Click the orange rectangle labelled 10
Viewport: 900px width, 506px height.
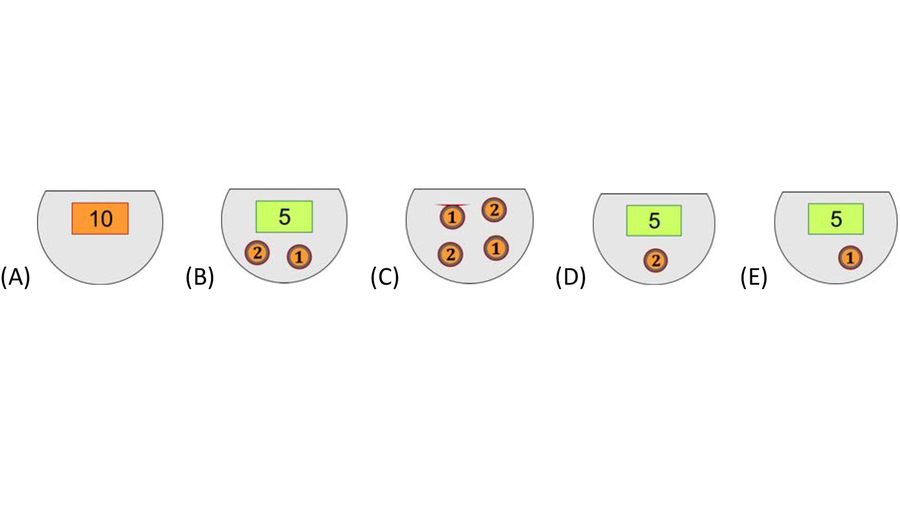[x=100, y=218]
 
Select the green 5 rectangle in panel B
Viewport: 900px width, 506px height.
[x=284, y=216]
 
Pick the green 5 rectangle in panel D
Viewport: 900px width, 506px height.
[x=654, y=220]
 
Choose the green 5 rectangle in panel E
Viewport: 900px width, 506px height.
[x=836, y=219]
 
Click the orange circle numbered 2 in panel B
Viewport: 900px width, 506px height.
[x=257, y=253]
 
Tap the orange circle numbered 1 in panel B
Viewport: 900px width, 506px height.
[x=299, y=257]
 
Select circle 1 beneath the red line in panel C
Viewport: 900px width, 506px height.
[x=452, y=217]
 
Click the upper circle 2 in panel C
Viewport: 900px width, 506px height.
[x=494, y=210]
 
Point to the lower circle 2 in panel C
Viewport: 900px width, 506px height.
[x=450, y=254]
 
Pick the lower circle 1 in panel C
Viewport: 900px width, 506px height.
[x=496, y=248]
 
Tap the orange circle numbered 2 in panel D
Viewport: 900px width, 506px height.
[x=656, y=260]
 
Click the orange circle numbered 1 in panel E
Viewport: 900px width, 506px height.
[x=850, y=258]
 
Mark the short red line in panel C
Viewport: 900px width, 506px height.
[x=452, y=205]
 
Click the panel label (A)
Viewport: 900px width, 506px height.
[x=15, y=277]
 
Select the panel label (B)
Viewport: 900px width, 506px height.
[x=200, y=277]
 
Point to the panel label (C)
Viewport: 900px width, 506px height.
[x=385, y=277]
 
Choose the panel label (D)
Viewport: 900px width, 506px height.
[x=570, y=277]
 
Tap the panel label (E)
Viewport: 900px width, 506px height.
[x=754, y=277]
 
